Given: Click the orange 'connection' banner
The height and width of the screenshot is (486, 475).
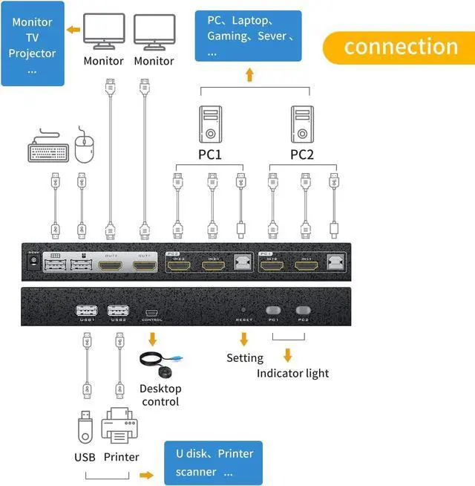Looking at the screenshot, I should (x=400, y=46).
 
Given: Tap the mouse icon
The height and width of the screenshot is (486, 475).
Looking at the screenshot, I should (x=85, y=147).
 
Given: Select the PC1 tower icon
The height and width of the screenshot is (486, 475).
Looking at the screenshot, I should (x=211, y=125).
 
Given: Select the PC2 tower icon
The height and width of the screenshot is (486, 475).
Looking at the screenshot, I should (x=301, y=125).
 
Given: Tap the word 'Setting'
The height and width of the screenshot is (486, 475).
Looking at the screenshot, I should (x=245, y=358).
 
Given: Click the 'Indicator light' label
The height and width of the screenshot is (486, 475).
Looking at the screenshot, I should (x=292, y=373).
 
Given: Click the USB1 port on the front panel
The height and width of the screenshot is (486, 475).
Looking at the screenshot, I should (x=86, y=311).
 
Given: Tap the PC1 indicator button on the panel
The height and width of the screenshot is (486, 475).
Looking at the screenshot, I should (x=273, y=310).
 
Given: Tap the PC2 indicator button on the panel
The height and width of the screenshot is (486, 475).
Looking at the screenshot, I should (x=303, y=310).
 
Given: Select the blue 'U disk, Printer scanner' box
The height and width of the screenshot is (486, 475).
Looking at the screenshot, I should (x=214, y=462).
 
